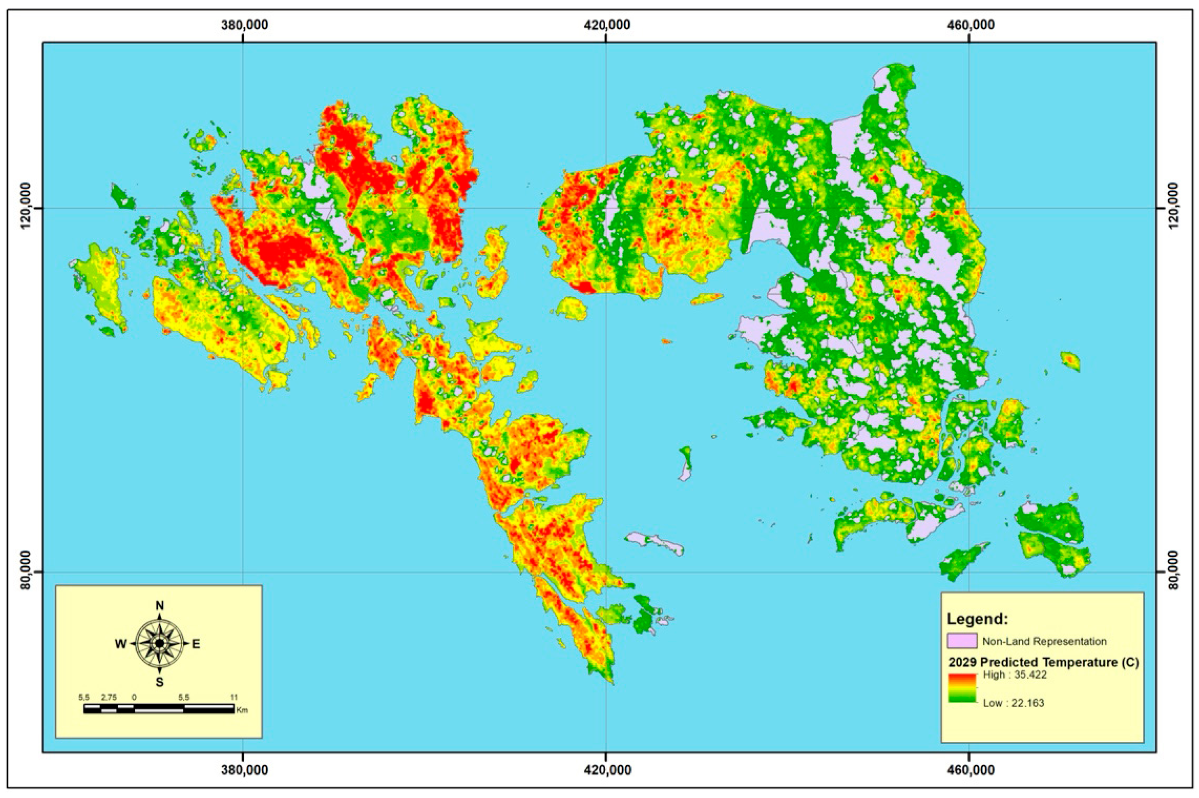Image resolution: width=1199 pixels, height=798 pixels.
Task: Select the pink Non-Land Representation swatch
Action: (x=962, y=641)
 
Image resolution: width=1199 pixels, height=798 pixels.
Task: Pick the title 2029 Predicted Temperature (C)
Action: (x=1043, y=663)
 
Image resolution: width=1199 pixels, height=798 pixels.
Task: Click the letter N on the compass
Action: (x=159, y=606)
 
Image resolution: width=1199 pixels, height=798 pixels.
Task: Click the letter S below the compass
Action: (x=159, y=683)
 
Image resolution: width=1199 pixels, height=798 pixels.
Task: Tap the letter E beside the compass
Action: (x=196, y=644)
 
